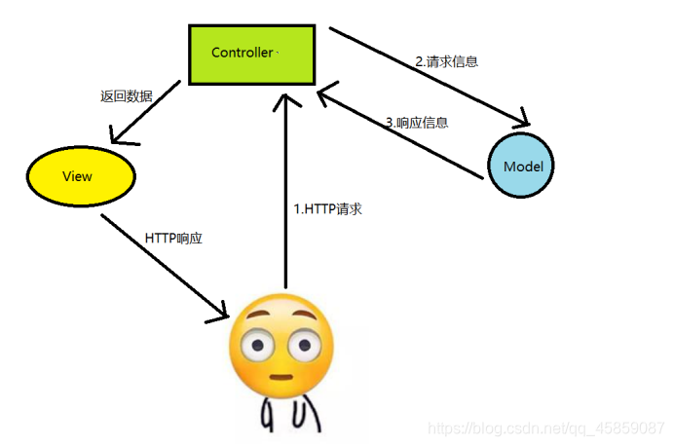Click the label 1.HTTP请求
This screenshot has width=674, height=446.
[327, 208]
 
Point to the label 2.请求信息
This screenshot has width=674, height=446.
[446, 61]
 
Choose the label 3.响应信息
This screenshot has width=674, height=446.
[416, 123]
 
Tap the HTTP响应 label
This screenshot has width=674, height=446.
[173, 238]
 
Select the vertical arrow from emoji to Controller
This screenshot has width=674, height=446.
[285, 195]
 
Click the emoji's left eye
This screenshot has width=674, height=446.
[259, 343]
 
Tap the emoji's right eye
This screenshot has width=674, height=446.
[305, 343]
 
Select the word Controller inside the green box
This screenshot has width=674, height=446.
[243, 52]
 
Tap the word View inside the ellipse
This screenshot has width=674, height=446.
[77, 176]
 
